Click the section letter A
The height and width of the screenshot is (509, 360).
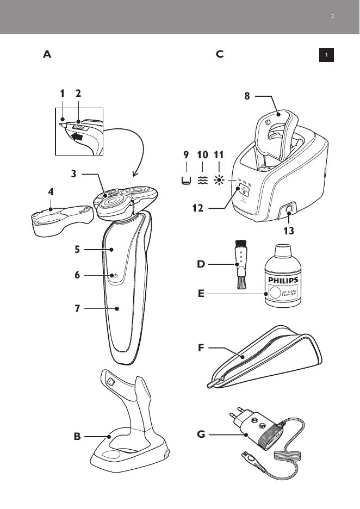point(47,54)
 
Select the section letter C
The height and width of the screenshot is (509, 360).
point(220,54)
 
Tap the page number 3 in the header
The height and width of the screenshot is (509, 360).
point(332,16)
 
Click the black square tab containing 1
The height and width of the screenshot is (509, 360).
point(326,55)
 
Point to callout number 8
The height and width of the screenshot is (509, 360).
point(247,96)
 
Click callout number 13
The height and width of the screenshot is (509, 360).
point(288,231)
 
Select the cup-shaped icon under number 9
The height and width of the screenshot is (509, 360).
point(186,181)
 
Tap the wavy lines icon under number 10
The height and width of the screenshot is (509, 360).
point(202,181)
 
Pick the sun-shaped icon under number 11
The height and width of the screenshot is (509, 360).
point(219,181)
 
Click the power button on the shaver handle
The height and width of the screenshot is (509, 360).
point(115,276)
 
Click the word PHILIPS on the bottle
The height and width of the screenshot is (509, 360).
point(282,281)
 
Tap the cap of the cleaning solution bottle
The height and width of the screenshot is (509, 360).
point(282,251)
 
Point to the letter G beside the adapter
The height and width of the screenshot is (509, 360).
point(202,434)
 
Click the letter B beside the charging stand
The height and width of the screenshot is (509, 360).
point(77,436)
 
